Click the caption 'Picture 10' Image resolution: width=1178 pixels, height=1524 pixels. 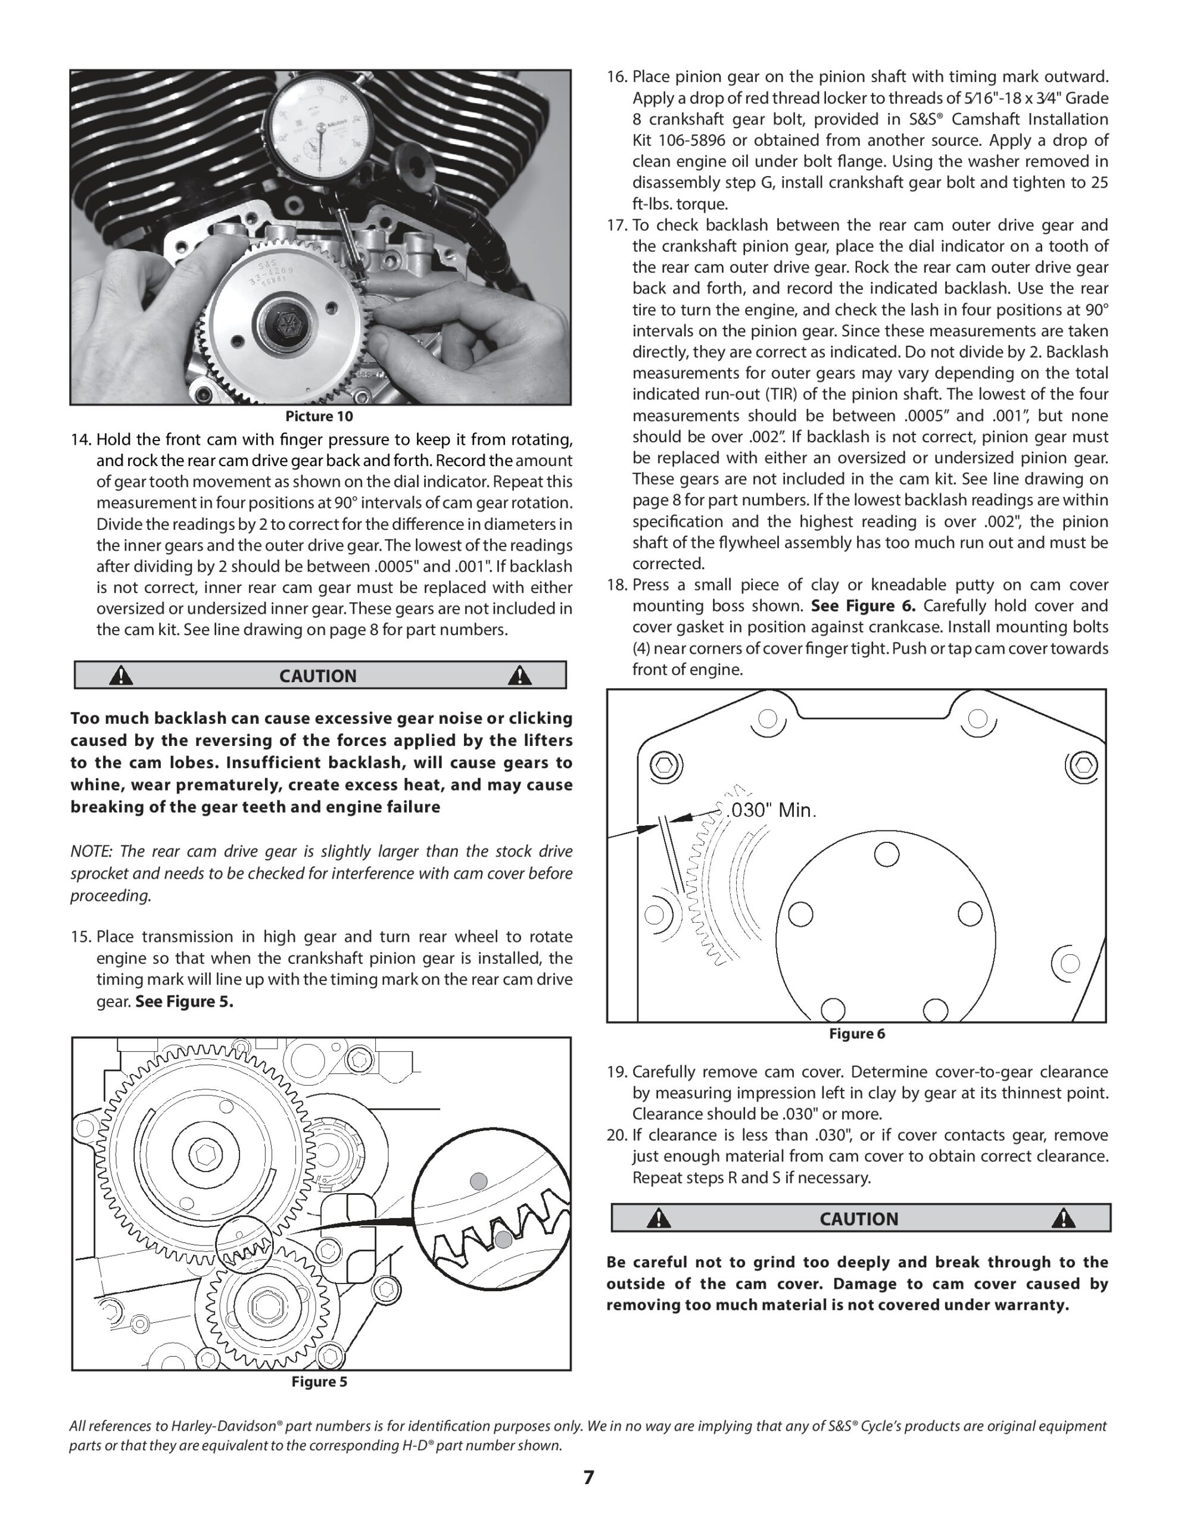(319, 417)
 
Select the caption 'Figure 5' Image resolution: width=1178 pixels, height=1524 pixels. (319, 1382)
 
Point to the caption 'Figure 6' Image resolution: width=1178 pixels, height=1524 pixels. (857, 1033)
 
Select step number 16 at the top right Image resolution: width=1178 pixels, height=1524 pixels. (616, 77)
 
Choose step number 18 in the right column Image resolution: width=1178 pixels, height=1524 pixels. (616, 585)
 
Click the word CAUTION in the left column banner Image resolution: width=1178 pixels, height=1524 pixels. (317, 676)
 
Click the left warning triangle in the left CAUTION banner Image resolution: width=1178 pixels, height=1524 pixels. (121, 676)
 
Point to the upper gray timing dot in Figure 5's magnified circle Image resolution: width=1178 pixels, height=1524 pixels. (478, 1181)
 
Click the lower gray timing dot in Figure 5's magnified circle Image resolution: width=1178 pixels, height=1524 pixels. (503, 1239)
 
